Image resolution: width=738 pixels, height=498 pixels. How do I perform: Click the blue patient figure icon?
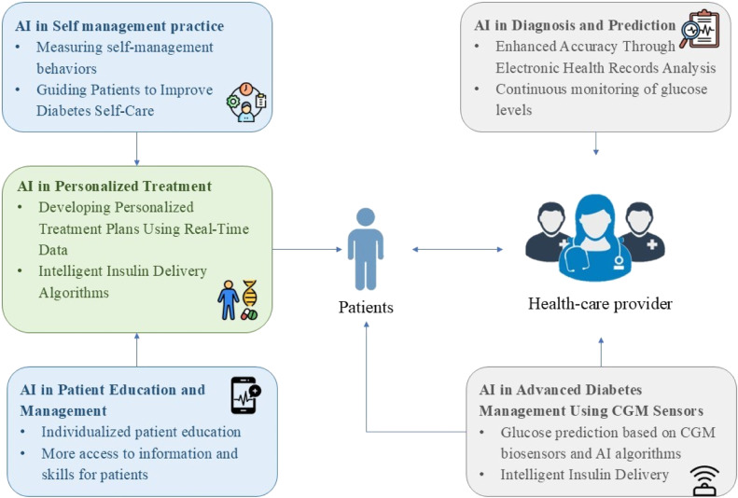coord(366,249)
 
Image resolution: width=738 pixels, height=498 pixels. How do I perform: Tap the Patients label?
coord(366,307)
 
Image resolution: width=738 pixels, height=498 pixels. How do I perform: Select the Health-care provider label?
coord(600,304)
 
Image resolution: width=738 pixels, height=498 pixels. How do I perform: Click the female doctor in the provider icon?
coord(595,238)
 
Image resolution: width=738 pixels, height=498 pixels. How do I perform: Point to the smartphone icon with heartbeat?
coord(245,395)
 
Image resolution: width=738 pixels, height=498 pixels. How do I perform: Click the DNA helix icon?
coord(250,294)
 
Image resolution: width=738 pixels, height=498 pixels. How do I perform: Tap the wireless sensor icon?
coord(706,480)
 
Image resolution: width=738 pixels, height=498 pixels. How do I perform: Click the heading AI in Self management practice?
coord(119,26)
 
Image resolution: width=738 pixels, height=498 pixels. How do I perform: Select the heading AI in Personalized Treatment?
coord(115,187)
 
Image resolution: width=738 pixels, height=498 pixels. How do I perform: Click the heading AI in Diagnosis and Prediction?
coord(575,25)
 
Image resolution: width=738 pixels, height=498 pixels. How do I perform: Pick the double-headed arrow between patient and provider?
coord(457,249)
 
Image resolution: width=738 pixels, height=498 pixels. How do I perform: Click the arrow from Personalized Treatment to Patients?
coord(307,249)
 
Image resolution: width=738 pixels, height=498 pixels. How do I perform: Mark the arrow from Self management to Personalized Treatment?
coord(137,148)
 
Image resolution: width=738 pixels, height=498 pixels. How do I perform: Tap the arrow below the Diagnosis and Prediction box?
coord(596,144)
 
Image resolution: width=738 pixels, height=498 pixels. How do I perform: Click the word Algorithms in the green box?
coord(74,293)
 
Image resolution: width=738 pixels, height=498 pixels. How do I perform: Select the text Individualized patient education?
coord(141,432)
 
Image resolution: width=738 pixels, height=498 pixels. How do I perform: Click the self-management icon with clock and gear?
coord(246,102)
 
